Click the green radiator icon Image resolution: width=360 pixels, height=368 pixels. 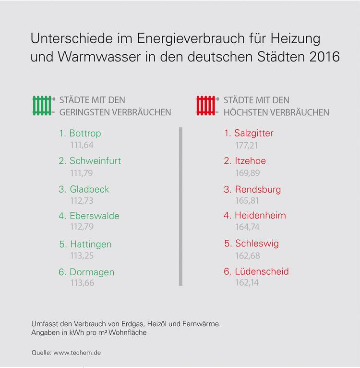point(42,105)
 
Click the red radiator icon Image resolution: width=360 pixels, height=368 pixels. point(206,105)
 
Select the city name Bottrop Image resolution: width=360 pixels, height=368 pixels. point(85,133)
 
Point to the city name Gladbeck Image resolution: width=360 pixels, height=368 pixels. point(89,189)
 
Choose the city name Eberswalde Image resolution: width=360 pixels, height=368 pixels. point(94,216)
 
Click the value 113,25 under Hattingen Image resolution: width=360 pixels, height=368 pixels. point(83,255)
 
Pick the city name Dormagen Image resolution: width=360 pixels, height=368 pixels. point(92,272)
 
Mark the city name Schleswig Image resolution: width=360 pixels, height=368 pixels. point(257,243)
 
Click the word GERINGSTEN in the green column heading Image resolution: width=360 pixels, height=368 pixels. point(82,112)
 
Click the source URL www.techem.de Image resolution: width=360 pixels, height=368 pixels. point(77,353)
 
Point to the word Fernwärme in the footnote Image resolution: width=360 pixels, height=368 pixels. point(202,324)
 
